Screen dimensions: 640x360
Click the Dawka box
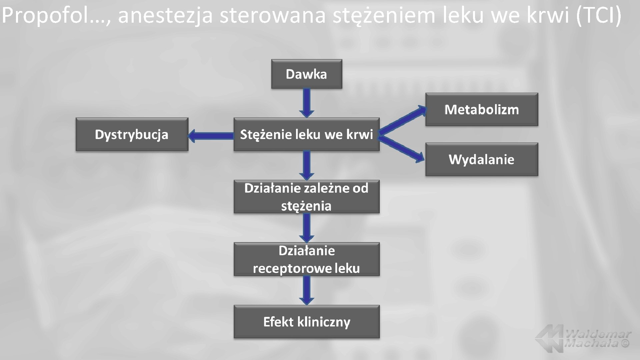(306, 74)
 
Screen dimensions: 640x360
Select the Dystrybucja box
(132, 134)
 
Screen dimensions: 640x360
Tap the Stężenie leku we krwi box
(306, 134)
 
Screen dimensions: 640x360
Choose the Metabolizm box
(481, 109)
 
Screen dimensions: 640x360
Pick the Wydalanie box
(481, 159)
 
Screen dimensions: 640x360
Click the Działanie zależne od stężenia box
(306, 197)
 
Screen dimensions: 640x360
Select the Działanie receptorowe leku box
(306, 259)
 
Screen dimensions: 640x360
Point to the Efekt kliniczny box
(306, 322)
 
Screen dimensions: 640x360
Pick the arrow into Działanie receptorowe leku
(307, 228)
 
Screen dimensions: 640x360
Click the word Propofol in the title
(47, 16)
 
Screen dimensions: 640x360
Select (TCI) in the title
(598, 15)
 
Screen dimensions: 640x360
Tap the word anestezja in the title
(165, 16)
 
